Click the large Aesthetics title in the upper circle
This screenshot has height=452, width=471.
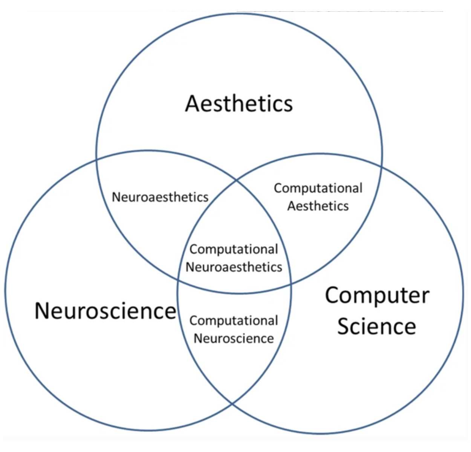(x=239, y=104)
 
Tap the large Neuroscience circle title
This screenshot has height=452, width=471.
(x=105, y=311)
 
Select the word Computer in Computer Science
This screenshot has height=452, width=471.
(x=377, y=296)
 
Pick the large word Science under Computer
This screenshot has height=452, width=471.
(x=376, y=326)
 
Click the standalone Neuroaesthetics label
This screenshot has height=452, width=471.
(x=160, y=197)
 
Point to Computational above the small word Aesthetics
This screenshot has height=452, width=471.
(x=318, y=188)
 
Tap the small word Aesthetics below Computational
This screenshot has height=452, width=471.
(x=318, y=206)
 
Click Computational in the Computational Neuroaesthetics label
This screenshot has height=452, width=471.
(x=234, y=249)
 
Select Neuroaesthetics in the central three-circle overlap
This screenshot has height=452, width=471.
(x=234, y=267)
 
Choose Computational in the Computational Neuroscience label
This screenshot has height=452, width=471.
(x=234, y=321)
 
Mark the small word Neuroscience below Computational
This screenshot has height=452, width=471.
(x=234, y=338)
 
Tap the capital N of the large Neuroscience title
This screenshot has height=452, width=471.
(x=42, y=311)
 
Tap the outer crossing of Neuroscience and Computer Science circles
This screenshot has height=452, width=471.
(x=232, y=403)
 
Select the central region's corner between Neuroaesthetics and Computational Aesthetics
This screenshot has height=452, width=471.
(x=237, y=180)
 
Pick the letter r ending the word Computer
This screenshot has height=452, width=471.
(x=425, y=296)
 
